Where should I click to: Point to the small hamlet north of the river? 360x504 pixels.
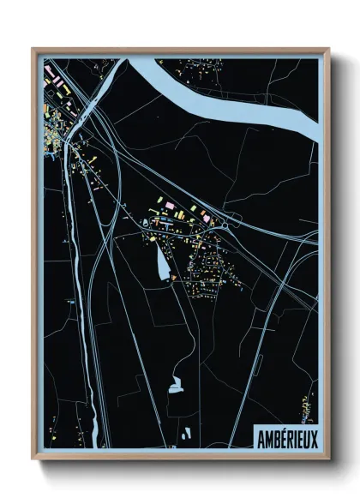(x=194, y=67)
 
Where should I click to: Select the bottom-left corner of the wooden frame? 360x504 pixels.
(x=33, y=462)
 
